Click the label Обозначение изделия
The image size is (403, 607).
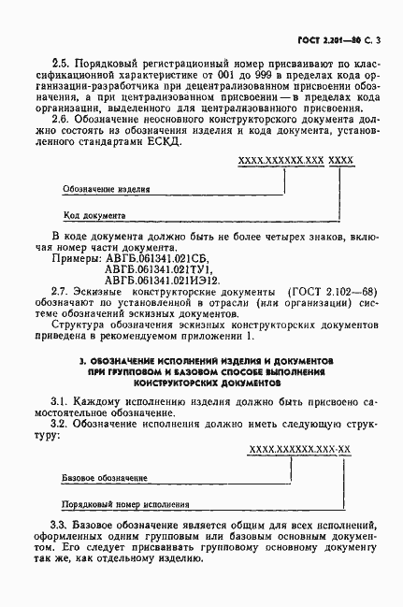[107, 188]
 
